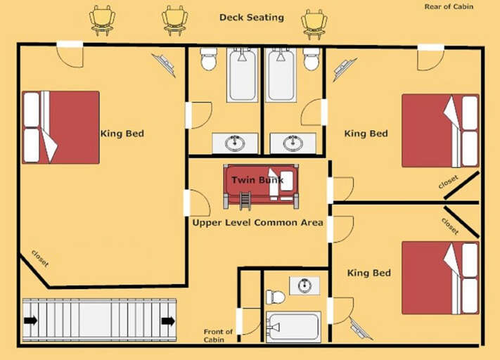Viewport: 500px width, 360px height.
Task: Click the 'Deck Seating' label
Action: pyautogui.click(x=251, y=18)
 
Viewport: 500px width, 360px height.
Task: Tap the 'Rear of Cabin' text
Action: pyautogui.click(x=449, y=7)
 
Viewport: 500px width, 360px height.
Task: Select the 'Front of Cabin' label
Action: pyautogui.click(x=218, y=335)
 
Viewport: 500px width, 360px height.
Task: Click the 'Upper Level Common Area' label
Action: pyautogui.click(x=257, y=223)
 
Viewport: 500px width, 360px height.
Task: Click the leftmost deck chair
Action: pyautogui.click(x=103, y=20)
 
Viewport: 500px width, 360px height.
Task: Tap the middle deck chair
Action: pyautogui.click(x=174, y=20)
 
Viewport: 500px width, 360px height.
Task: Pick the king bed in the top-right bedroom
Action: pyautogui.click(x=440, y=131)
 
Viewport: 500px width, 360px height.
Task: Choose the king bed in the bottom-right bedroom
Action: pyautogui.click(x=440, y=277)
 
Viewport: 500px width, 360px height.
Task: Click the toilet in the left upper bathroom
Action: pyautogui.click(x=208, y=59)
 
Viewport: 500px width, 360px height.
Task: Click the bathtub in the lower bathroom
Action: pyautogui.click(x=294, y=327)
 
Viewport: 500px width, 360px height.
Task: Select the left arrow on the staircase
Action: pyautogui.click(x=30, y=321)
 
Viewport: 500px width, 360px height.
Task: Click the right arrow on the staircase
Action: pyautogui.click(x=167, y=321)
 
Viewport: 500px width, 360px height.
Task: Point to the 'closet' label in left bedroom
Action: pyautogui.click(x=40, y=259)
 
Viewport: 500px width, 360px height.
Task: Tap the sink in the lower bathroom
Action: pyautogui.click(x=304, y=285)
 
